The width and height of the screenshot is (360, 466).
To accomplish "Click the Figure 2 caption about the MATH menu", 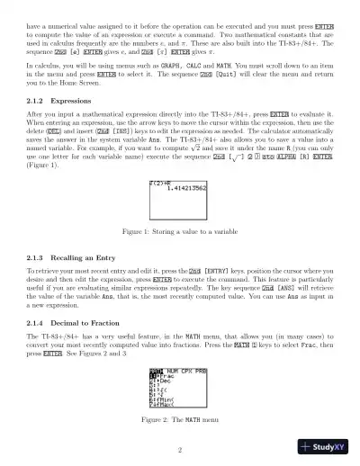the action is [180, 420].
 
